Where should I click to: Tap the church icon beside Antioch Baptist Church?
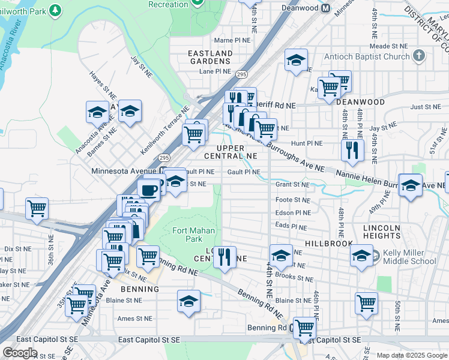(419, 56)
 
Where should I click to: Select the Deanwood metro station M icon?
(326, 8)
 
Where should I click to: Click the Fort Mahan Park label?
(193, 235)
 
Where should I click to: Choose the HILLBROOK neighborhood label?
(326, 244)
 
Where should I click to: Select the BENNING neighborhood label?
(139, 289)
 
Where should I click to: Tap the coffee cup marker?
(148, 190)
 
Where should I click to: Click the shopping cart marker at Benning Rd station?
(305, 328)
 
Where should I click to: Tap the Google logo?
(20, 353)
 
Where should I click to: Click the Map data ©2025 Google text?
(412, 355)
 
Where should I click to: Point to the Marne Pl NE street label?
(232, 40)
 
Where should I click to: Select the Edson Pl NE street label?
(293, 212)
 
